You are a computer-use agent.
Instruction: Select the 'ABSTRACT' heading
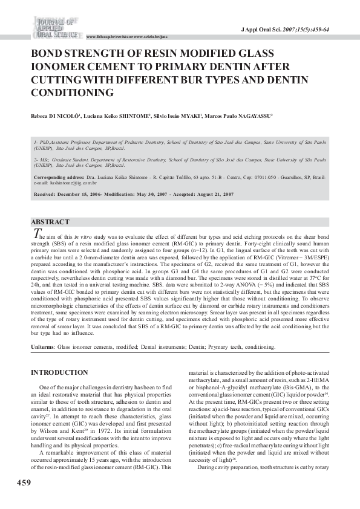tap(50, 222)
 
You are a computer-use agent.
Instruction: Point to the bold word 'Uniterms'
tap(42, 348)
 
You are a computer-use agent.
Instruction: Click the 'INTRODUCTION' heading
tap(59, 372)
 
